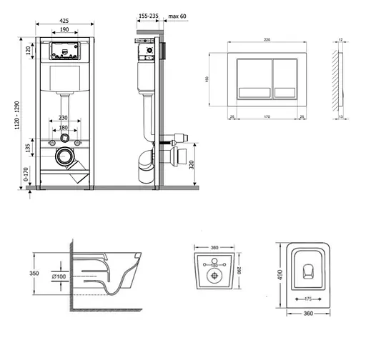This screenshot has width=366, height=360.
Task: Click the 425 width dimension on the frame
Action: coord(64,21)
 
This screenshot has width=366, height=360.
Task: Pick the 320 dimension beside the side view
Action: coord(191,164)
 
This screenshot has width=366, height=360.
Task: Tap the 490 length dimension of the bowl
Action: coord(282,275)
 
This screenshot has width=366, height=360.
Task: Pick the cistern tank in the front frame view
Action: coord(65,79)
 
